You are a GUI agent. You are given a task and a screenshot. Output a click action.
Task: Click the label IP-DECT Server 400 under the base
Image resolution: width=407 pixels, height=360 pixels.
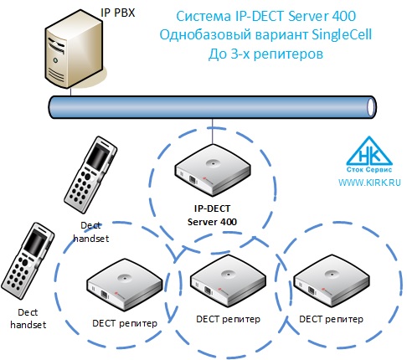pos(212,215)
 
